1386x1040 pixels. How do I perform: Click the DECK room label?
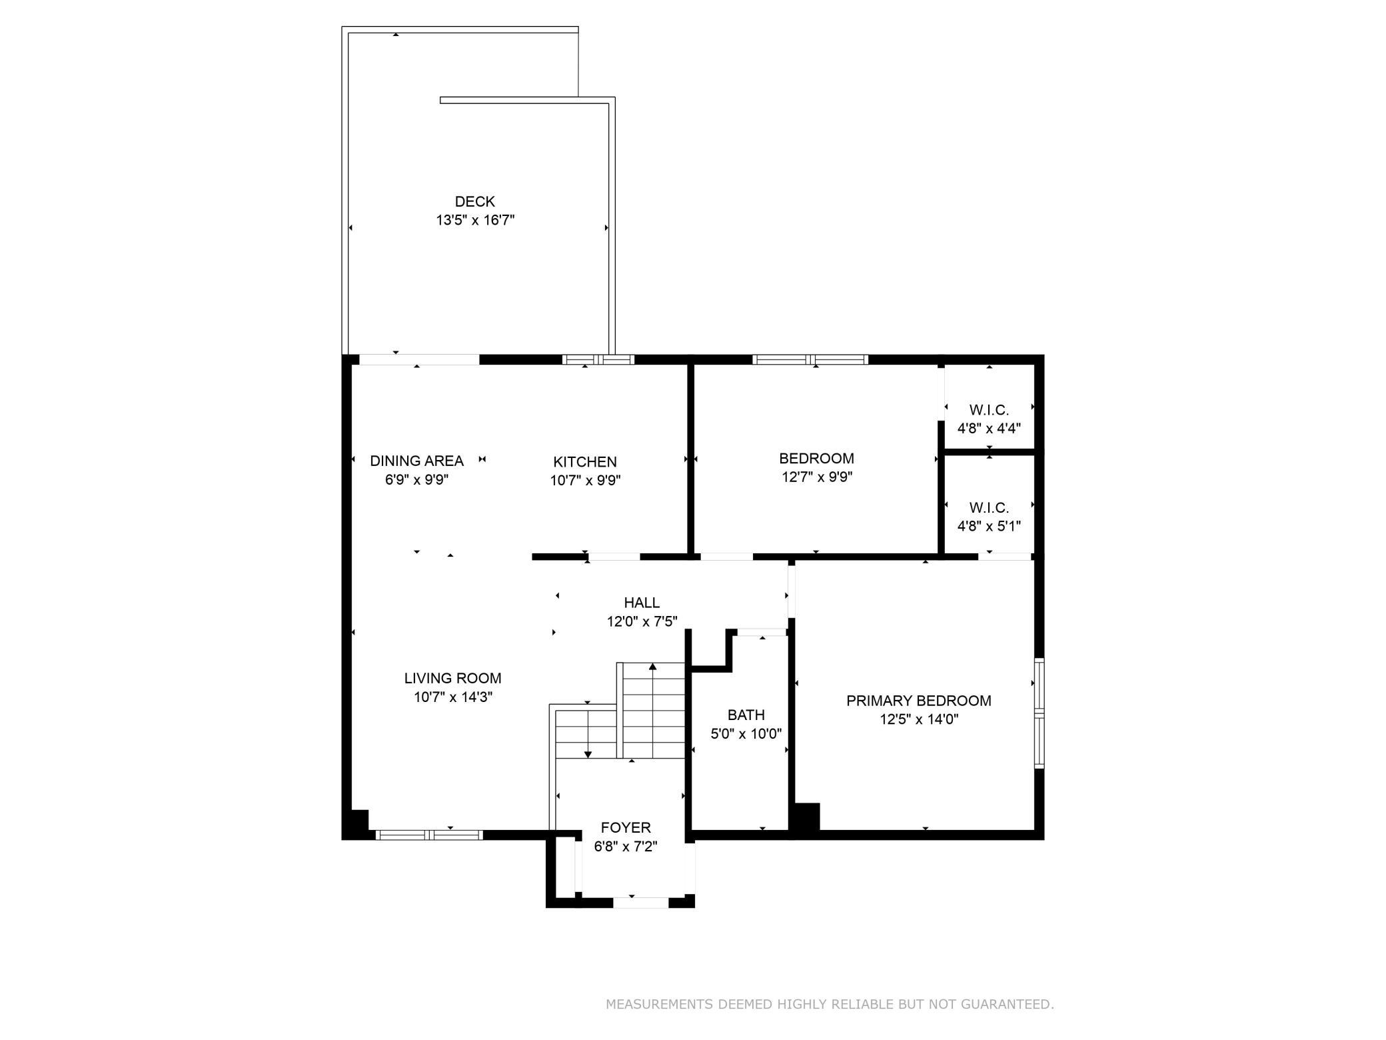[475, 201]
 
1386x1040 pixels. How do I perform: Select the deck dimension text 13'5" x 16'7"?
[475, 220]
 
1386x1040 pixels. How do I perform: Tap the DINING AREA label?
[416, 461]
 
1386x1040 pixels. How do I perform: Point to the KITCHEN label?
[585, 462]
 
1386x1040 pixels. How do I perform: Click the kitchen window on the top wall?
[598, 360]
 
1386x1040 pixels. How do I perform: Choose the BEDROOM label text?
[816, 459]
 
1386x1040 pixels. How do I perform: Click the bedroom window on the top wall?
[810, 360]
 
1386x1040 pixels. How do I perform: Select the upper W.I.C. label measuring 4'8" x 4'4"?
[989, 419]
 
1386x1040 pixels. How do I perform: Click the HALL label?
[642, 603]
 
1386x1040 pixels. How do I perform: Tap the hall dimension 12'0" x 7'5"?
[642, 621]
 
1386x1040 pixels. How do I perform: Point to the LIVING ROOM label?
[452, 679]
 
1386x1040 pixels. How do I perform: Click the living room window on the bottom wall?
[429, 835]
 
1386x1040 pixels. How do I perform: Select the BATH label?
[746, 715]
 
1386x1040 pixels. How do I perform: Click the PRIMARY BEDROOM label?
[918, 701]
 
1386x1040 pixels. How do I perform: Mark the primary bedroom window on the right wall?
[1039, 713]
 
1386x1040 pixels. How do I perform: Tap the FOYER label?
[626, 828]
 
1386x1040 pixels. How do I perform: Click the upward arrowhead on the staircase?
[653, 666]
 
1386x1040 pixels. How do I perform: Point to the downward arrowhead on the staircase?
[588, 754]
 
